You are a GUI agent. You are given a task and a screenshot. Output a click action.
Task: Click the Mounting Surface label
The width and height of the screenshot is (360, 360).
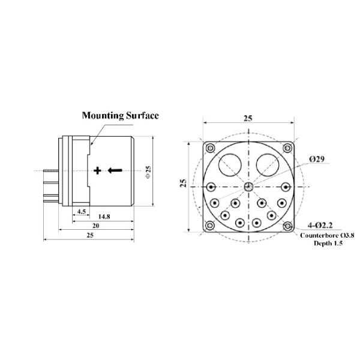click(120, 115)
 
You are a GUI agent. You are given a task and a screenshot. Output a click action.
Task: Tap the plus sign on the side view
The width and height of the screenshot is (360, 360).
click(97, 170)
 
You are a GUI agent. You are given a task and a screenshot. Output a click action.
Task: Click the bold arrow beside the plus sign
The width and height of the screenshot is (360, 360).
click(115, 170)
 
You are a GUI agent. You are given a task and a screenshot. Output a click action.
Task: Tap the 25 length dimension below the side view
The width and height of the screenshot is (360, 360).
click(90, 236)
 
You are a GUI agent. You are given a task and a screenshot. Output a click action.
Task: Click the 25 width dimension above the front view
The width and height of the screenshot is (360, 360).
click(248, 119)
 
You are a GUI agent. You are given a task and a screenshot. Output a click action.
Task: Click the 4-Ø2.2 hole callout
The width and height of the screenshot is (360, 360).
click(320, 225)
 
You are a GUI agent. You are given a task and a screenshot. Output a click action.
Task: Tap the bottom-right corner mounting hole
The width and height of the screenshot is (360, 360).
click(288, 226)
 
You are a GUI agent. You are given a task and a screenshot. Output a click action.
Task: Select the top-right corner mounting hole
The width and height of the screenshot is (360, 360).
click(288, 148)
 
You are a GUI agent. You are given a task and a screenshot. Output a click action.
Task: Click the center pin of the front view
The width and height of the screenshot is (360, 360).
click(248, 186)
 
